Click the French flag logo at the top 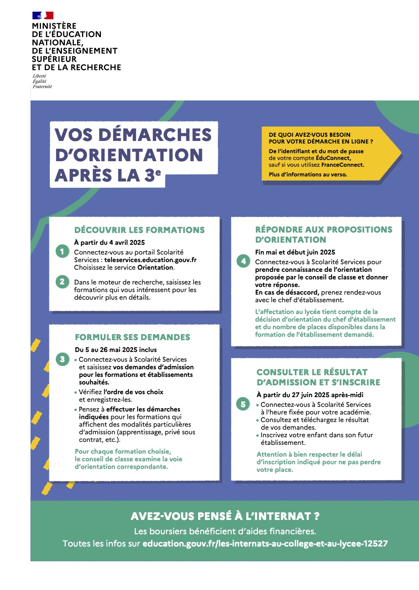point(43,16)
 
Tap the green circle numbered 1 point(62,252)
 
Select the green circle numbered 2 point(62,281)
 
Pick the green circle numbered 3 point(63,359)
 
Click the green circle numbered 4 point(243,261)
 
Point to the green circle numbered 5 point(243,404)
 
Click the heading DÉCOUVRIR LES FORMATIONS point(139,230)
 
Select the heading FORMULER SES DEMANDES point(132,337)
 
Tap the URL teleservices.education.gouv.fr point(150,260)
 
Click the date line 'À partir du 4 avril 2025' point(109,242)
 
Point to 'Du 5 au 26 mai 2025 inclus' point(116,349)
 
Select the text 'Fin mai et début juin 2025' point(295,252)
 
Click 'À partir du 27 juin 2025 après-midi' point(310,395)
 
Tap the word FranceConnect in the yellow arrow point(343,165)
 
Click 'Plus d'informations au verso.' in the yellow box point(308,174)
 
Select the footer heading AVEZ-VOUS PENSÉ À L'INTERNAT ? point(225,516)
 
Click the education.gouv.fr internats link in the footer point(265,544)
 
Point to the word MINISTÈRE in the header point(54,26)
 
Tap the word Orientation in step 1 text point(155,268)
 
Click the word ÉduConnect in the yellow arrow point(333,158)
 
